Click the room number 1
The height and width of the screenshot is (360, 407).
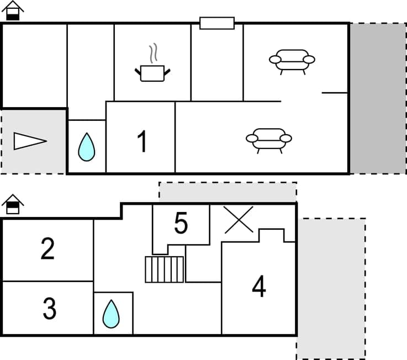(x=142, y=141)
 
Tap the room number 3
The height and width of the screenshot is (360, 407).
(x=49, y=309)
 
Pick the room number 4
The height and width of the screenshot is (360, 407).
(x=258, y=286)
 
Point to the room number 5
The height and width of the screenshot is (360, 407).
(x=181, y=223)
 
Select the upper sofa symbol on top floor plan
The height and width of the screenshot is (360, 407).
(x=292, y=61)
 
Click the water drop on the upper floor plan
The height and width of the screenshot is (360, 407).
(x=86, y=147)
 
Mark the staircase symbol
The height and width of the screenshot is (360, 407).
(x=165, y=269)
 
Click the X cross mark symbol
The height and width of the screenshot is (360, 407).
(x=239, y=219)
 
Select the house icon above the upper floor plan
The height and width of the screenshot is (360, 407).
(x=13, y=10)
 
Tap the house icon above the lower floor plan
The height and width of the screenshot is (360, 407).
(x=13, y=204)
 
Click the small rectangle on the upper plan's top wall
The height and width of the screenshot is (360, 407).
(x=216, y=23)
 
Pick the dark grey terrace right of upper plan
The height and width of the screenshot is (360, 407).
(x=378, y=98)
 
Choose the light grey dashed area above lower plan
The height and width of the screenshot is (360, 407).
(x=228, y=192)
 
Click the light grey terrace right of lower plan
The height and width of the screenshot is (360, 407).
(x=331, y=287)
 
